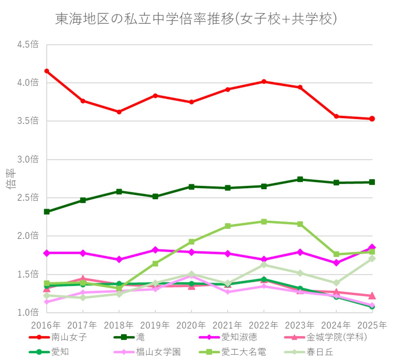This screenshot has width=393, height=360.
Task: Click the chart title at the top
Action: [x=196, y=19]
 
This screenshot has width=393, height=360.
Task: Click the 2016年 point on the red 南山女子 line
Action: [x=47, y=71]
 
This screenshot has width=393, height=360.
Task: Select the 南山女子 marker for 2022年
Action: [x=264, y=82]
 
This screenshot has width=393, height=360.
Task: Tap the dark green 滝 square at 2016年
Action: [x=47, y=212]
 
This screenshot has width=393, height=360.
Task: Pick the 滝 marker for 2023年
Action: [x=300, y=179]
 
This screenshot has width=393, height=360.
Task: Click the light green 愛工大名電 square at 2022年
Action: [x=264, y=222]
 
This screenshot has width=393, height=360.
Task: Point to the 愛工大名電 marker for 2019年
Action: [x=155, y=264]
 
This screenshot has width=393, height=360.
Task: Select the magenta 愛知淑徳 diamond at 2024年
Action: [x=336, y=263]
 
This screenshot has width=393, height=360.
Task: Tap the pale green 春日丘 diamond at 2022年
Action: [x=264, y=265]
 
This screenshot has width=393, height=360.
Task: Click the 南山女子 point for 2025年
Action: [x=372, y=119]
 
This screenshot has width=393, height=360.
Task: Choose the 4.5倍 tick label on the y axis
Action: [x=28, y=45]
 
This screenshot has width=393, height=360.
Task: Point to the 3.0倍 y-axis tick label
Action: [x=28, y=159]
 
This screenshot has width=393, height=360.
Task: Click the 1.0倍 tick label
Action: [x=28, y=312]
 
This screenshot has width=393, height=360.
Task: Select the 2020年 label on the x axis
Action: [x=191, y=325]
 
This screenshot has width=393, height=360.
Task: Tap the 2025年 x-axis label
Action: [x=372, y=325]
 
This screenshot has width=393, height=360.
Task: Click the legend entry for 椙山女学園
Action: [x=158, y=351]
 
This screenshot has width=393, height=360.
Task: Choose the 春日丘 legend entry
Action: [x=320, y=351]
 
